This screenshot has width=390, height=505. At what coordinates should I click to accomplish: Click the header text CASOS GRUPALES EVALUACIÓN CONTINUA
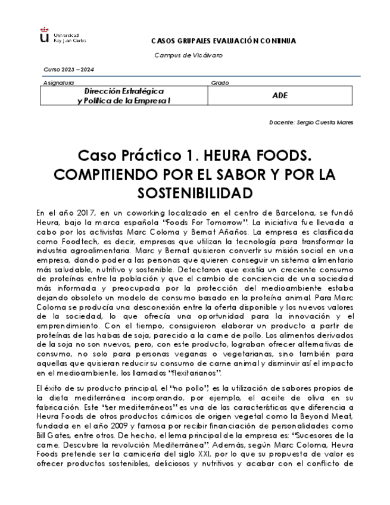[223, 41]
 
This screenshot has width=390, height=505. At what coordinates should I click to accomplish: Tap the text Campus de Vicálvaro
[188, 55]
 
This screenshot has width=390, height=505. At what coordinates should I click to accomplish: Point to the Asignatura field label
[59, 83]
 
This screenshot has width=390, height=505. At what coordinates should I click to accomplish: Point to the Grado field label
[220, 83]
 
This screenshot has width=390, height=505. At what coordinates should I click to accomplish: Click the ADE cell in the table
[279, 95]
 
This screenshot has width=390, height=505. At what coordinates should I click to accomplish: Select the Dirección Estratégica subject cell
[124, 96]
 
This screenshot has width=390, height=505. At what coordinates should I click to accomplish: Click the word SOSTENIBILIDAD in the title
[195, 194]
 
